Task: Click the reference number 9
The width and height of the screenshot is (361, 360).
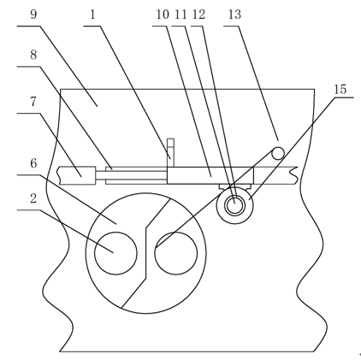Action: pyautogui.click(x=33, y=15)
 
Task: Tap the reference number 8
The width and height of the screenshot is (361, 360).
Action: pyautogui.click(x=33, y=54)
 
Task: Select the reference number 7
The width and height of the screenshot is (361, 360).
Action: pyautogui.click(x=33, y=101)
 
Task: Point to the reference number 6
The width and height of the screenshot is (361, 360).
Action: pyautogui.click(x=33, y=163)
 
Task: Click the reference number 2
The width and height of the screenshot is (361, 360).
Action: pyautogui.click(x=33, y=198)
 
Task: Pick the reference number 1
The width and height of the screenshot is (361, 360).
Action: pyautogui.click(x=92, y=15)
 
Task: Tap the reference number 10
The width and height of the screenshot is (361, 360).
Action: pyautogui.click(x=163, y=15)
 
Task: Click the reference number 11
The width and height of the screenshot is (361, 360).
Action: pyautogui.click(x=180, y=15)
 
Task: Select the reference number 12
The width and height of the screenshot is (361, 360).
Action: pyautogui.click(x=198, y=15)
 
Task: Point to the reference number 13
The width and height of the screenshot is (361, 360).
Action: pyautogui.click(x=234, y=15)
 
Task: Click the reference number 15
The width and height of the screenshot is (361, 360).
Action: pyautogui.click(x=340, y=89)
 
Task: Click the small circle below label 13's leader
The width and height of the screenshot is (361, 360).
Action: pyautogui.click(x=278, y=154)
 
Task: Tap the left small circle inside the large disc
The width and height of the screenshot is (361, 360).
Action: pyautogui.click(x=115, y=253)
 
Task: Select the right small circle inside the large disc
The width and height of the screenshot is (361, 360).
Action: pyautogui.click(x=176, y=253)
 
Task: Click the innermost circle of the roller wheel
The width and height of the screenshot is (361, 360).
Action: pyautogui.click(x=234, y=204)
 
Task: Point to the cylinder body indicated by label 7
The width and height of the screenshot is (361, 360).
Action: pyautogui.click(x=77, y=175)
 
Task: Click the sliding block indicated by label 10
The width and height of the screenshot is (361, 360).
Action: pyautogui.click(x=210, y=175)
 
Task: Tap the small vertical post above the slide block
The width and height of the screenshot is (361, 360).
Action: pyautogui.click(x=170, y=152)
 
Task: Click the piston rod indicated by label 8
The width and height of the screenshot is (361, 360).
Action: pyautogui.click(x=131, y=175)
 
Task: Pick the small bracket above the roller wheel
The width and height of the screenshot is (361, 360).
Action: pyautogui.click(x=234, y=186)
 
